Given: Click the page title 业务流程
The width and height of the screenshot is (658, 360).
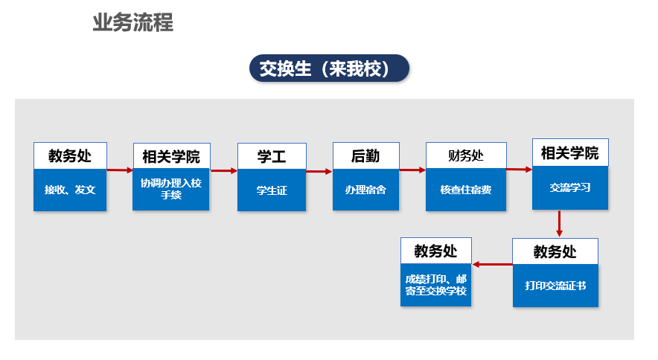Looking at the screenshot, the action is point(132,22).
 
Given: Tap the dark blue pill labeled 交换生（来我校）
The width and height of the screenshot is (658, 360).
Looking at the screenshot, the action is point(329,68).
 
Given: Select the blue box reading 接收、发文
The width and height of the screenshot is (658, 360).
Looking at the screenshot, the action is point(70,190).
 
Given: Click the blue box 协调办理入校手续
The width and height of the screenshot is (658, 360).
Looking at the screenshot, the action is point(170,189).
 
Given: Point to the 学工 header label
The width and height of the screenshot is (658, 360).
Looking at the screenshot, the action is point(272,156).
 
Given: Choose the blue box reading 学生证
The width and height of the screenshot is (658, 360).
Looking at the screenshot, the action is point(272,190).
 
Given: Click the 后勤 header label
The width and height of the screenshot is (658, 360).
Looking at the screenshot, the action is point(365,156).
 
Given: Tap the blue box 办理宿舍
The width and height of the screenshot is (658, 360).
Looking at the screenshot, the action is point(365,190).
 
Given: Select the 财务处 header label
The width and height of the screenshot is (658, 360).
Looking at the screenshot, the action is point(466,155).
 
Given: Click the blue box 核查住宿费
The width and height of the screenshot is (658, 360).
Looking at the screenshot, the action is point(466,190).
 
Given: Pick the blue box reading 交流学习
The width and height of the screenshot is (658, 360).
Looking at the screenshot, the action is point(570,187).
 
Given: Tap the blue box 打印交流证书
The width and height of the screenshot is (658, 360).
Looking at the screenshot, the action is point(555,286).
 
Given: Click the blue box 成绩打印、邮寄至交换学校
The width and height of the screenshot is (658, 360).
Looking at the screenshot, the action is point(436,285).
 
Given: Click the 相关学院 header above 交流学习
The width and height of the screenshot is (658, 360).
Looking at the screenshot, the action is point(570,152).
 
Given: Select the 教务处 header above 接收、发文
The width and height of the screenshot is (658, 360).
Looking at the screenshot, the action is point(70,155).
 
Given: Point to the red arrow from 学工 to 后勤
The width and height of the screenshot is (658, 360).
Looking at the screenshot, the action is point(319,171).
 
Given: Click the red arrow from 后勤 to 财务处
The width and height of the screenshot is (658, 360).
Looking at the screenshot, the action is point(412,170).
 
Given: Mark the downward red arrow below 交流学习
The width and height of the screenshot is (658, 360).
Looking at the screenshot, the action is point(559,224).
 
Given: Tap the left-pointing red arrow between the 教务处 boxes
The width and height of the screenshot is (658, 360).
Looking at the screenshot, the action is point(492,264).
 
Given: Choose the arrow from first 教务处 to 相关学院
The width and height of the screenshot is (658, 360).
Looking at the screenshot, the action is point(120,170).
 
